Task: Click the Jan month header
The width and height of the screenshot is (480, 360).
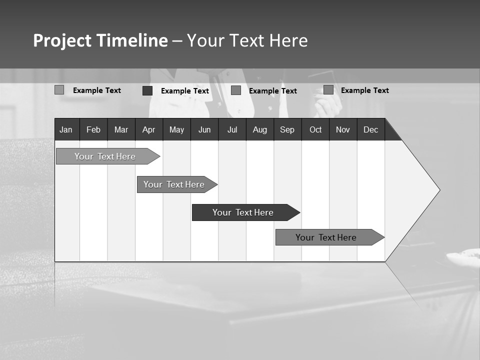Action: coord(66,129)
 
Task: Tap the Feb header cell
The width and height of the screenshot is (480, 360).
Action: coord(93,129)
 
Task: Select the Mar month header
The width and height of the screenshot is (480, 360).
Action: coord(121,129)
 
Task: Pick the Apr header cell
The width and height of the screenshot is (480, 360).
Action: coord(149,129)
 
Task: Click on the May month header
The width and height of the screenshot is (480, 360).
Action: coord(176,129)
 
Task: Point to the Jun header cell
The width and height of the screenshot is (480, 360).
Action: coord(204,129)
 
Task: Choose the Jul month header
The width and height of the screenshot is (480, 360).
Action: coord(232,129)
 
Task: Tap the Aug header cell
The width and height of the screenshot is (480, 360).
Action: coord(260,129)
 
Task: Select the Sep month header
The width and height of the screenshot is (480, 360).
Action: coord(287,129)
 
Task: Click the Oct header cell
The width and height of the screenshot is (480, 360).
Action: coord(315,129)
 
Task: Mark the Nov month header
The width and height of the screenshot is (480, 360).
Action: coord(343,129)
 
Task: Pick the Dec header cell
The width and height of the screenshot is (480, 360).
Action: coord(371,129)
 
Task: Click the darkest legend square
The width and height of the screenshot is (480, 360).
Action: coord(147,90)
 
